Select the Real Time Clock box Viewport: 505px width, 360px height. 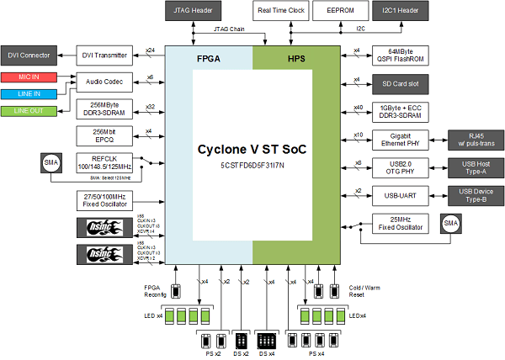click(280, 11)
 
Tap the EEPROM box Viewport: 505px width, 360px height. click(340, 11)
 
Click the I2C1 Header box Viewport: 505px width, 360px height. click(400, 11)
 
